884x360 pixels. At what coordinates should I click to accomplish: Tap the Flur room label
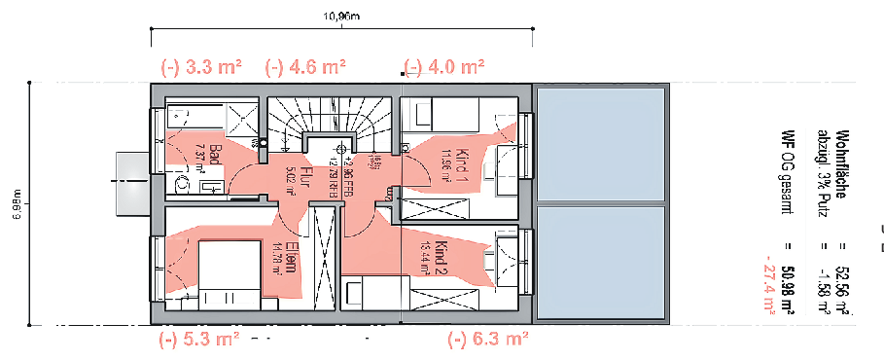303,176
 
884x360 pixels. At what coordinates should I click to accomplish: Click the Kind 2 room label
445,255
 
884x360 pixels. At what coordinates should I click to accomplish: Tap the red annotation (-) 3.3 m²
201,67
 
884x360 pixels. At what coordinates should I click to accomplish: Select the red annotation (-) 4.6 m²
306,67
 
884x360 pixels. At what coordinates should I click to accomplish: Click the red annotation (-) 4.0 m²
444,67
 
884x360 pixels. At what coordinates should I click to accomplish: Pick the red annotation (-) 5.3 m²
199,340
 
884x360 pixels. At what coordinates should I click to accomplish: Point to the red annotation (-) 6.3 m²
487,340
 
